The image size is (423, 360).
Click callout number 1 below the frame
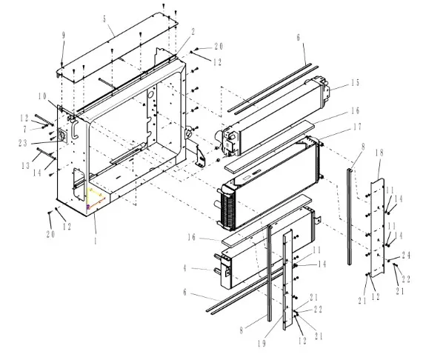[95, 241]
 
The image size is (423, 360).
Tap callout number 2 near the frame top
[193, 32]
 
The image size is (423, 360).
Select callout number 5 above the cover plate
[104, 19]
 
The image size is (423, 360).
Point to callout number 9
[64, 36]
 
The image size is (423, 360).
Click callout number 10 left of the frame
[42, 96]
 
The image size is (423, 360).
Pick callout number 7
[25, 130]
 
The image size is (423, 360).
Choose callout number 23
[23, 143]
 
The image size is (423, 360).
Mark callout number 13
[26, 166]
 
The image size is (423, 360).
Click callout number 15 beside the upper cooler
[356, 83]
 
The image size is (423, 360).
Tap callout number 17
[358, 127]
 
